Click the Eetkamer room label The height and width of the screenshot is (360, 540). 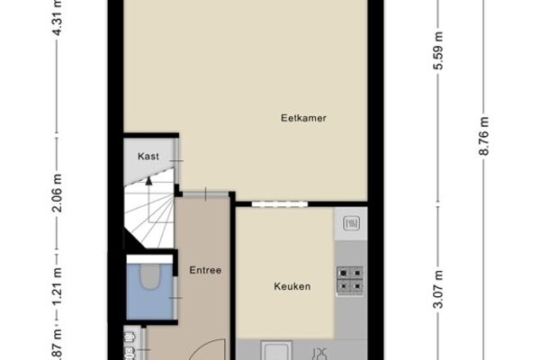(x=303, y=118)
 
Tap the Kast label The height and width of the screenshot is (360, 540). (x=148, y=157)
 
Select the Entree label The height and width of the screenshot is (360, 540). (x=205, y=270)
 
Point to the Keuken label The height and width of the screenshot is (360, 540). (x=292, y=286)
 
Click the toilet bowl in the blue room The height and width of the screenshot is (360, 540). (x=150, y=276)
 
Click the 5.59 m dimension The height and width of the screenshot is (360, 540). (x=438, y=50)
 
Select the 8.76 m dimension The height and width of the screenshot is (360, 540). (x=484, y=137)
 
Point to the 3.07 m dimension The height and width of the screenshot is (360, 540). (x=438, y=290)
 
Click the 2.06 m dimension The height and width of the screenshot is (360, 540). (x=58, y=193)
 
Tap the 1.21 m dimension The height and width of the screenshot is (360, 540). (x=58, y=286)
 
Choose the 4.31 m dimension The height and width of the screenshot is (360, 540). (x=58, y=17)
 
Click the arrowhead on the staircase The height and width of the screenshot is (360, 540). (x=148, y=181)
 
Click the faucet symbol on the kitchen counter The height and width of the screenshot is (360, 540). (x=320, y=354)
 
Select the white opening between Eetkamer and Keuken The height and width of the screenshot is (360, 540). (x=279, y=204)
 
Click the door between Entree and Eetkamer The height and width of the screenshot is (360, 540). (x=205, y=194)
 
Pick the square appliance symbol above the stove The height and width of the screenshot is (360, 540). (x=351, y=223)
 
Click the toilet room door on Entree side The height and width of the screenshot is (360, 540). (x=176, y=298)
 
